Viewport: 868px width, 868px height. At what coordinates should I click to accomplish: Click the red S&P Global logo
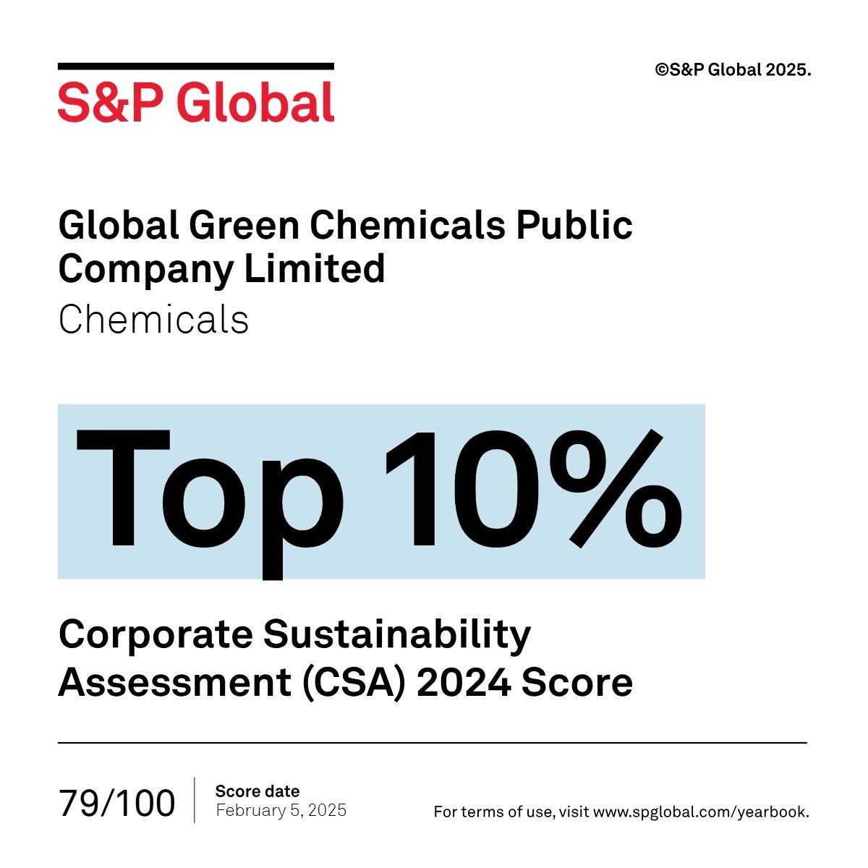pyautogui.click(x=195, y=102)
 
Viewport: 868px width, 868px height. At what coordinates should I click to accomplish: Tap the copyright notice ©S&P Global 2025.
pyautogui.click(x=733, y=70)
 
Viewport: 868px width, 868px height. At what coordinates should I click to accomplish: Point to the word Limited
pyautogui.click(x=314, y=269)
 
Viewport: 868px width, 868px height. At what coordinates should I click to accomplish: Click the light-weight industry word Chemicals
pyautogui.click(x=153, y=319)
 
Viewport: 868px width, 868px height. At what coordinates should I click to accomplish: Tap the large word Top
pyautogui.click(x=210, y=492)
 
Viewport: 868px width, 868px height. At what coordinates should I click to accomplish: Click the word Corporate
pyautogui.click(x=156, y=635)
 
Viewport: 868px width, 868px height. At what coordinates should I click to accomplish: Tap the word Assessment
pyautogui.click(x=174, y=682)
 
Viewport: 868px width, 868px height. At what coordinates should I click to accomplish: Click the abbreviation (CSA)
pyautogui.click(x=352, y=682)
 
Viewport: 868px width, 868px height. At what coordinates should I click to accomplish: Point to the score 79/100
pyautogui.click(x=117, y=803)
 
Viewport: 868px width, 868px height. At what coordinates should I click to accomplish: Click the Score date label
pyautogui.click(x=257, y=791)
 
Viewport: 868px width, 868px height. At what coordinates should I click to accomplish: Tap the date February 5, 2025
pyautogui.click(x=281, y=810)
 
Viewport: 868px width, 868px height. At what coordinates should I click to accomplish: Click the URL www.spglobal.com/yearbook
pyautogui.click(x=700, y=812)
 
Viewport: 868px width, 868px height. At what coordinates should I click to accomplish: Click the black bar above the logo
pyautogui.click(x=195, y=67)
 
